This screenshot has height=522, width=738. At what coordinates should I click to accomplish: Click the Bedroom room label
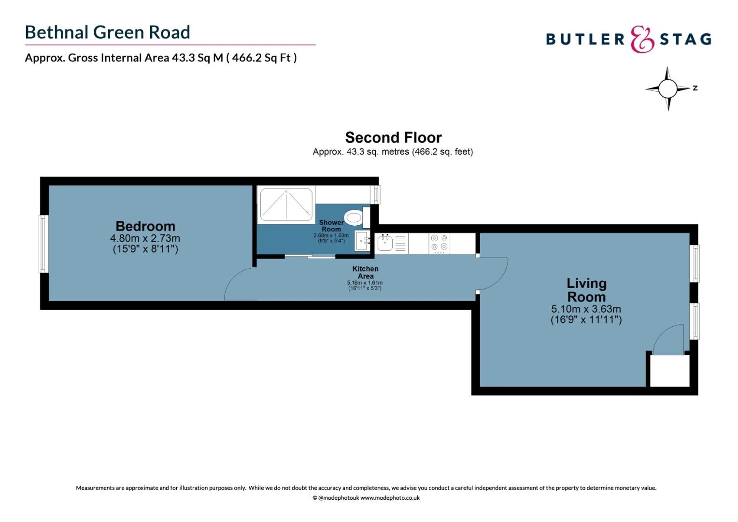pyautogui.click(x=145, y=226)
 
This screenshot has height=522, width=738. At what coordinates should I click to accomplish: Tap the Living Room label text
pyautogui.click(x=586, y=290)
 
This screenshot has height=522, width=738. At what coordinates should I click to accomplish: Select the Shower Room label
pyautogui.click(x=331, y=226)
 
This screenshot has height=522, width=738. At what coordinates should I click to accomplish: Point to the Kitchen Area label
pyautogui.click(x=365, y=272)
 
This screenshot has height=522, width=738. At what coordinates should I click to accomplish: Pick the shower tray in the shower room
pyautogui.click(x=286, y=204)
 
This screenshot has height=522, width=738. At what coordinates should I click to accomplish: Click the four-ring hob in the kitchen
pyautogui.click(x=439, y=243)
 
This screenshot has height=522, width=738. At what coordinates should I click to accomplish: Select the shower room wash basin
pyautogui.click(x=362, y=241)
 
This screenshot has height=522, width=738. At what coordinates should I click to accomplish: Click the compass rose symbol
pyautogui.click(x=668, y=88)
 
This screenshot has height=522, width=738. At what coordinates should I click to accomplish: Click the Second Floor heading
pyautogui.click(x=393, y=138)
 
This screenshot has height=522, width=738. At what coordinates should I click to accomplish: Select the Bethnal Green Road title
pyautogui.click(x=107, y=32)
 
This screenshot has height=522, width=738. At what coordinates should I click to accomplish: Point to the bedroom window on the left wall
pyautogui.click(x=43, y=244)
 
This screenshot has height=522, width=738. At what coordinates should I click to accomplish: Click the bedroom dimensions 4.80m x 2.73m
pyautogui.click(x=145, y=238)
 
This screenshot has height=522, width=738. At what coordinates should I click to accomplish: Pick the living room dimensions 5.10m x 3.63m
pyautogui.click(x=586, y=309)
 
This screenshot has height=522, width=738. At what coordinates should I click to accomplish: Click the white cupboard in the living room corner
pyautogui.click(x=669, y=371)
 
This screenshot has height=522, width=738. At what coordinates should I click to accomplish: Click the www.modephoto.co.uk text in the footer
pyautogui.click(x=390, y=498)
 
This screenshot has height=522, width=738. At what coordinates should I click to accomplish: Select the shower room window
pyautogui.click(x=375, y=194)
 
